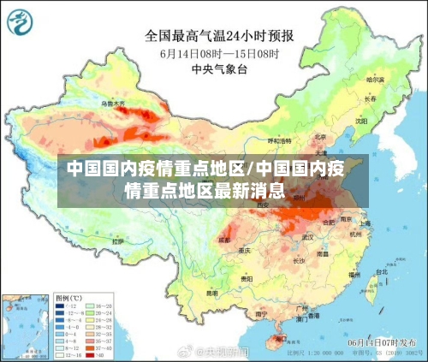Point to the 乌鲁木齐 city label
[x=112, y=104]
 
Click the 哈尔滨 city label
[x=376, y=80]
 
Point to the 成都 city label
[x=224, y=240]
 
